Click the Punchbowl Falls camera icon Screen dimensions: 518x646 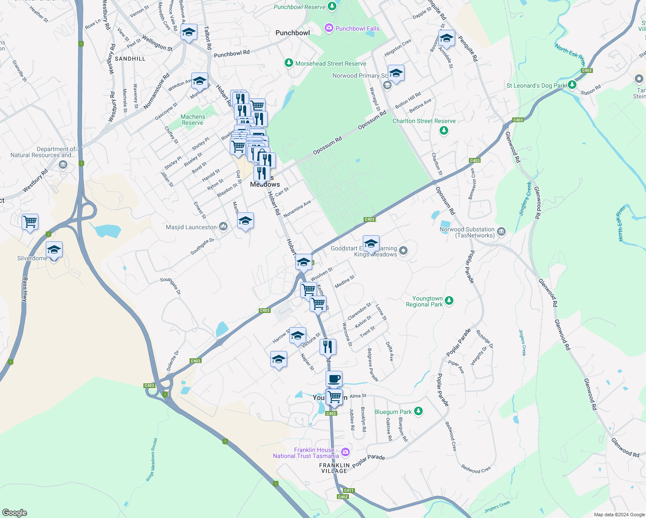pyautogui.click(x=329, y=28)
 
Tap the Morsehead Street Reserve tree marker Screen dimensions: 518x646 pyautogui.click(x=289, y=63)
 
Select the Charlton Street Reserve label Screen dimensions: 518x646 pyautogui.click(x=424, y=121)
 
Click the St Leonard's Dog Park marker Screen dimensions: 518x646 pyautogui.click(x=572, y=85)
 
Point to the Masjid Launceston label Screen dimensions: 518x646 pyautogui.click(x=191, y=227)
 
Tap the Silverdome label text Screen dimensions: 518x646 pyautogui.click(x=32, y=258)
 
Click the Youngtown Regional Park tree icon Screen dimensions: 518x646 pyautogui.click(x=449, y=300)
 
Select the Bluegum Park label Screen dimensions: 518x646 pyautogui.click(x=393, y=412)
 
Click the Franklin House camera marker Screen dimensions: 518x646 pyautogui.click(x=345, y=452)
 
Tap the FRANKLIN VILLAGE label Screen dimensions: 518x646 pyautogui.click(x=334, y=468)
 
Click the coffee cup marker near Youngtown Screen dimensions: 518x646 pyautogui.click(x=334, y=379)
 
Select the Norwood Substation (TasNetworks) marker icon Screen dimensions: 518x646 pyautogui.click(x=501, y=232)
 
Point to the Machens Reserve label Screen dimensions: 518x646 pyautogui.click(x=193, y=120)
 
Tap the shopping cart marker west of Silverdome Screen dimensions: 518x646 pyautogui.click(x=30, y=222)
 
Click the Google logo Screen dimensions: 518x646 pyautogui.click(x=14, y=513)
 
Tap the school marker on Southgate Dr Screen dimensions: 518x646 pyautogui.click(x=245, y=221)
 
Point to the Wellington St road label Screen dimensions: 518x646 pyautogui.click(x=157, y=44)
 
